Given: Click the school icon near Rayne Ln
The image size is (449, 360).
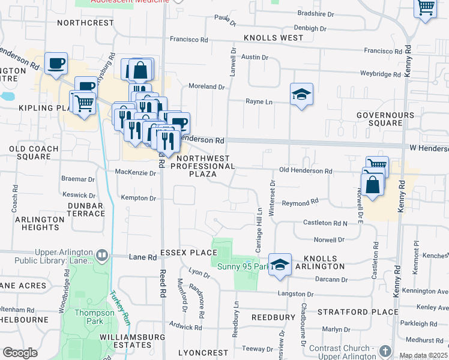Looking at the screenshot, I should point(301,95).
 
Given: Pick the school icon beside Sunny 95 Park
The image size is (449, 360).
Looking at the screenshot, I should point(280,265).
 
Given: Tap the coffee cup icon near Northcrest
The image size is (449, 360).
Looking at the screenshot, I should point(56,63).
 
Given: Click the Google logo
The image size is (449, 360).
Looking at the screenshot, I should point(20,353).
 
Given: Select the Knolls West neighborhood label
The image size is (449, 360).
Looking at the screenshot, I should point(274,38).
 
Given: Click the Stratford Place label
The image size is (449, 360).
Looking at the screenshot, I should point(358,312).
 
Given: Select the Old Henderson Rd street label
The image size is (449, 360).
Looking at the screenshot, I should point(306,171).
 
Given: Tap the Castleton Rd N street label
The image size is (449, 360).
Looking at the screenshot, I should point(325,223).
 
